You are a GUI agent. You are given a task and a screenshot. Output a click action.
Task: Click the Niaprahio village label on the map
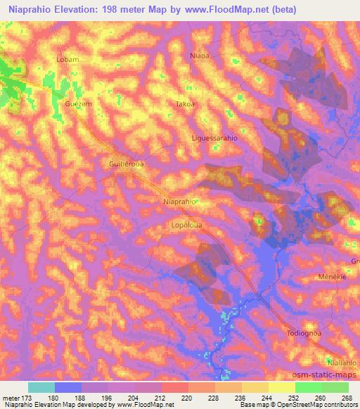pyautogui.click(x=179, y=202)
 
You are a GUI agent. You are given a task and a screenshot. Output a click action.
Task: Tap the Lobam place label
pyautogui.click(x=67, y=60)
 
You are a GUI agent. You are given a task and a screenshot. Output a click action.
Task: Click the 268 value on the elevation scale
pyautogui.click(x=346, y=398)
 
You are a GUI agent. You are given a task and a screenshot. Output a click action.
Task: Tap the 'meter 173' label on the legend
pyautogui.click(x=16, y=398)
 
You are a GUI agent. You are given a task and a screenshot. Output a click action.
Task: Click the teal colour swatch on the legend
pyautogui.click(x=41, y=387)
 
